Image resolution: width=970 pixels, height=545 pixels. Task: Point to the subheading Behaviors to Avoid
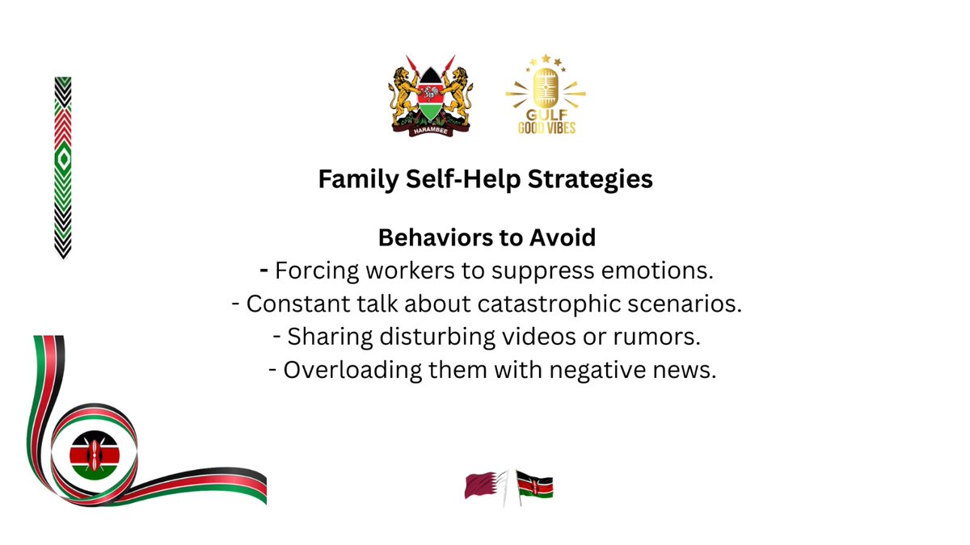pyautogui.click(x=487, y=238)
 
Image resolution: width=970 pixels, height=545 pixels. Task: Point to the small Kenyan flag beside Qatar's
pyautogui.click(x=534, y=486)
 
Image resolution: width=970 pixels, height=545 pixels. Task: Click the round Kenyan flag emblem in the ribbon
pyautogui.click(x=94, y=455)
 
